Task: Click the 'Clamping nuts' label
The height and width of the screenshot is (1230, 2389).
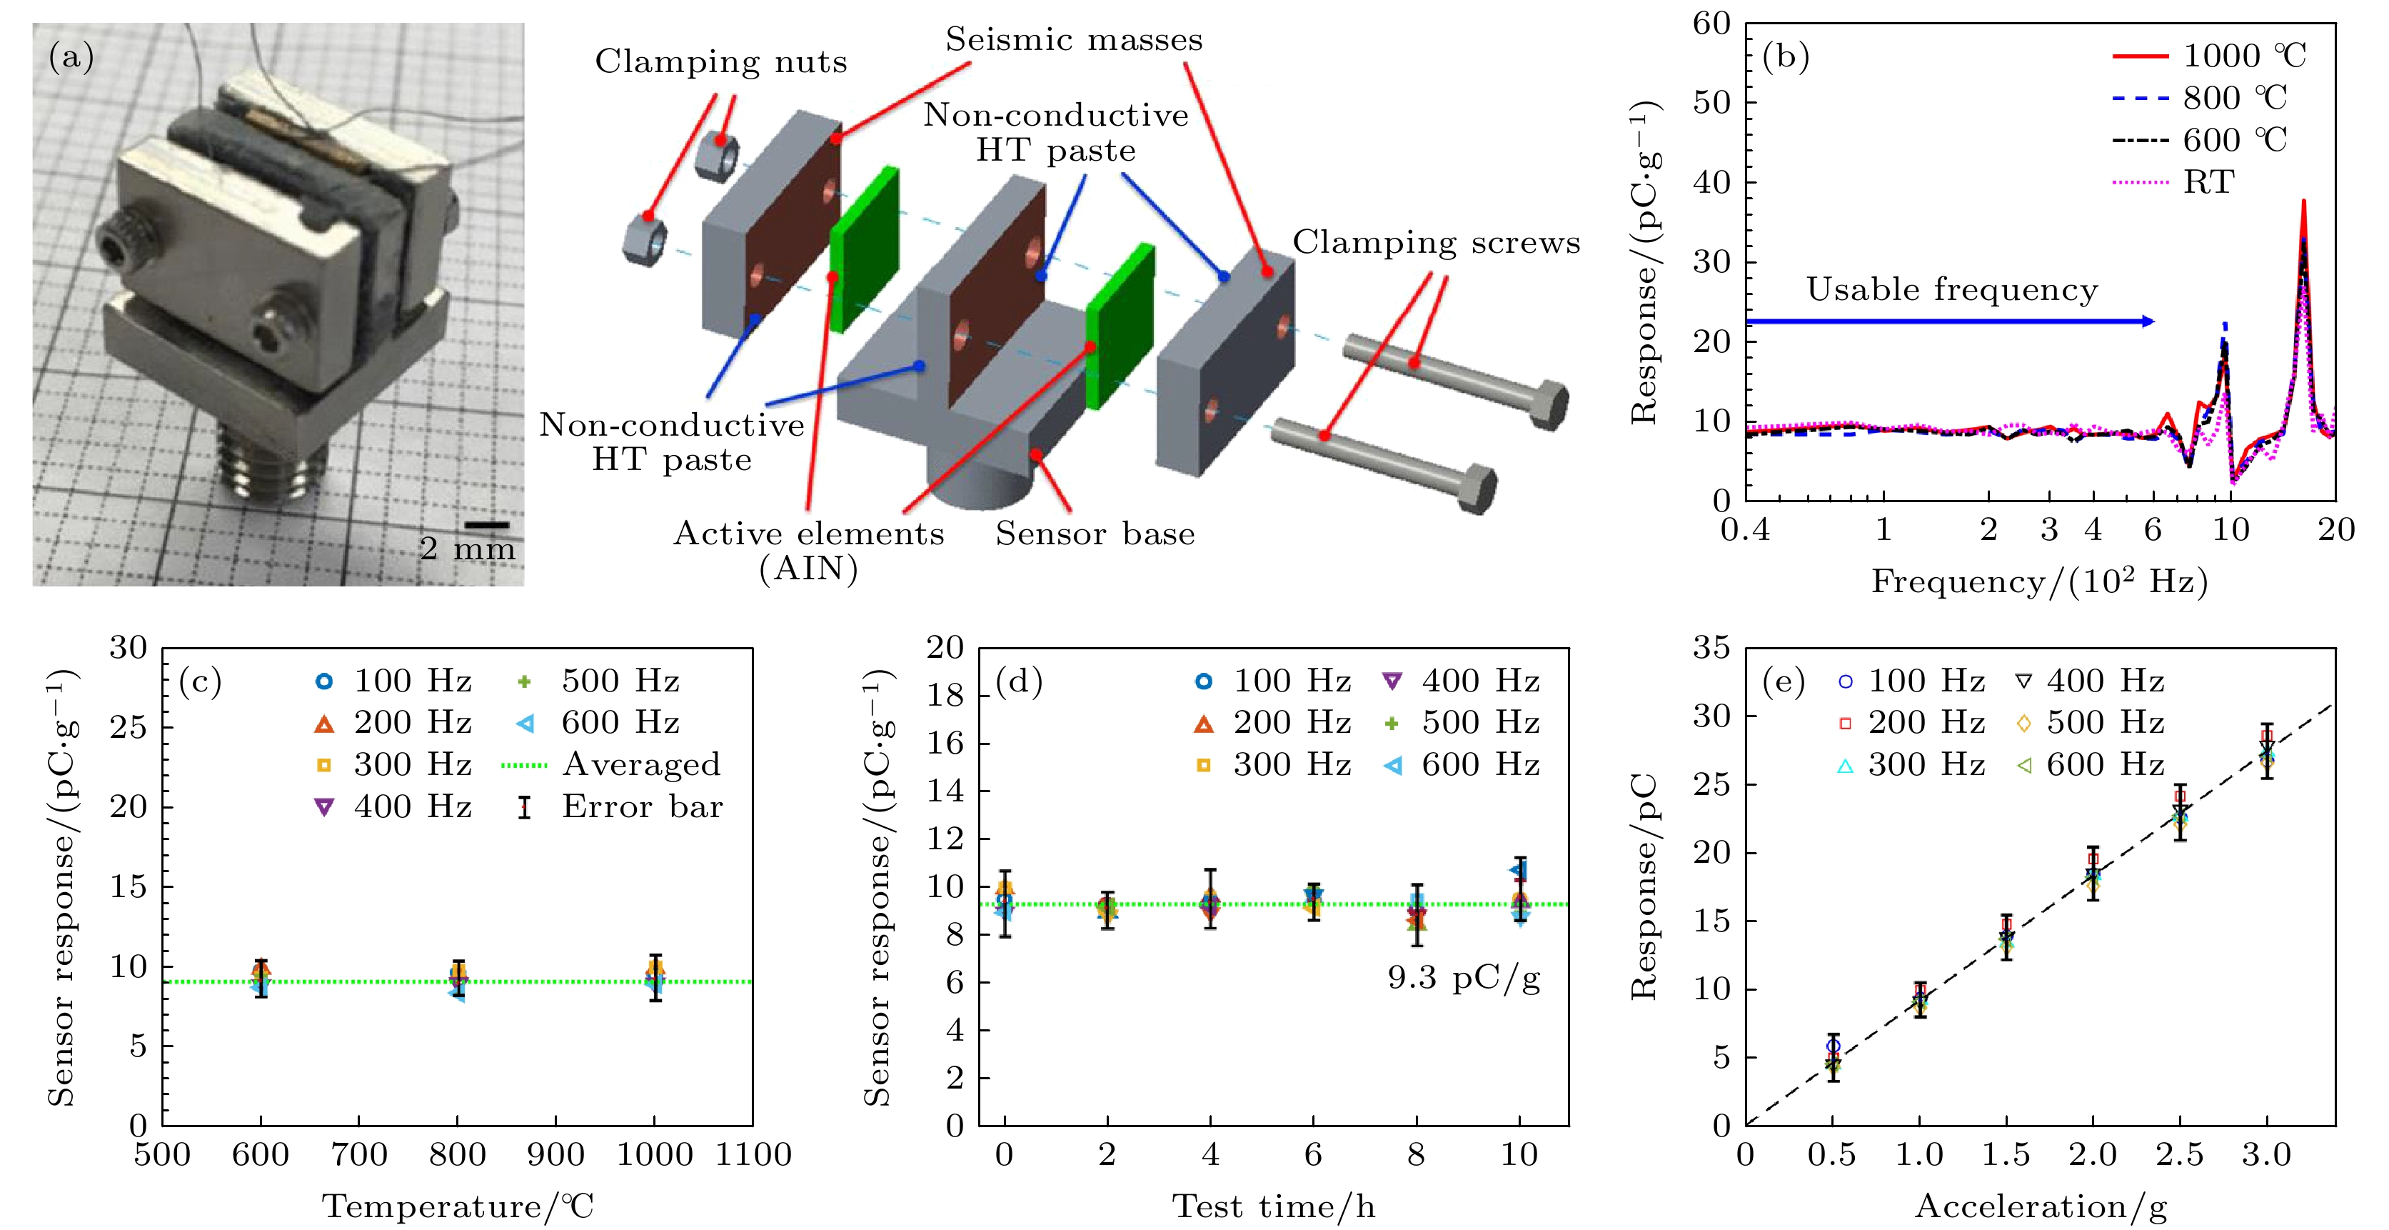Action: [720, 62]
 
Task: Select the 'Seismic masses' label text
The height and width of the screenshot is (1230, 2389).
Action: [1073, 40]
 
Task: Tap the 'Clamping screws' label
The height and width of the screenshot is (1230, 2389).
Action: [1436, 242]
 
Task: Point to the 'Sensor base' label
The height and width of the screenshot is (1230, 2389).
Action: [1095, 534]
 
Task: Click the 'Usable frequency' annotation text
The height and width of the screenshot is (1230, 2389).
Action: [1951, 290]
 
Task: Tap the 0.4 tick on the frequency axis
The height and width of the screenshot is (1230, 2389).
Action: [1744, 531]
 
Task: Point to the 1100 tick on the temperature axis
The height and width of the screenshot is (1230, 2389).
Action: [753, 1156]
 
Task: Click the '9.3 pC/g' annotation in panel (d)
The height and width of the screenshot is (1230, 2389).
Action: [1464, 978]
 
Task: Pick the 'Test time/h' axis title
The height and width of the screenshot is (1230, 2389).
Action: [1273, 1207]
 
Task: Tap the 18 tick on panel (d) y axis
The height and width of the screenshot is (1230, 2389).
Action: [945, 696]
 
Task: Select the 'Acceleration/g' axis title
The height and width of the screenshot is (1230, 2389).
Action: [2041, 1207]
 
